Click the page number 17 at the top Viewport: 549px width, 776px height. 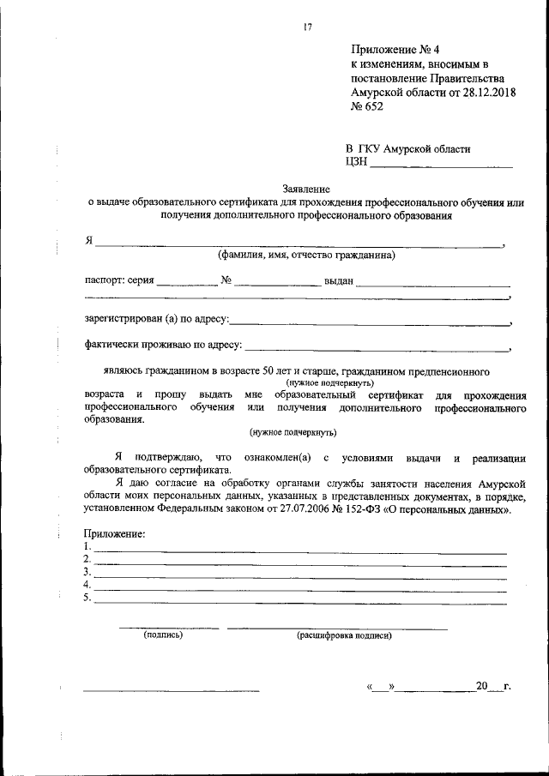pyautogui.click(x=306, y=27)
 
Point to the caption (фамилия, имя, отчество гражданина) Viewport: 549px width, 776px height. pyautogui.click(x=305, y=256)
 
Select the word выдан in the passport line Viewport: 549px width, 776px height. pyautogui.click(x=339, y=281)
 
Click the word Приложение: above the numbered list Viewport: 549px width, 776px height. pyautogui.click(x=114, y=534)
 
